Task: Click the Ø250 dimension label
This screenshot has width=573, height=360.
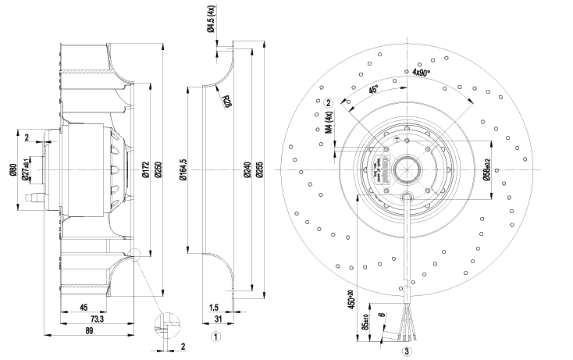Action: (159, 172)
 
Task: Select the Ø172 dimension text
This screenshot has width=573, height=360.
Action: (146, 172)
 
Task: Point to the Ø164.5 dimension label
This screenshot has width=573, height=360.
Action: (184, 169)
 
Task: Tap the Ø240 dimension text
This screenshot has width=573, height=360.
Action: (247, 172)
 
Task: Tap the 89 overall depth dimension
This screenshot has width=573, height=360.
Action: (91, 331)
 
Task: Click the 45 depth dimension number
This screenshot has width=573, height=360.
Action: (82, 308)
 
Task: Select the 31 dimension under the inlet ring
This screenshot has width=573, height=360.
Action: (218, 320)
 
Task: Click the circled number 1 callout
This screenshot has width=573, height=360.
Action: (218, 337)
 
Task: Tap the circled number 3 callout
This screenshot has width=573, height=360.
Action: (406, 351)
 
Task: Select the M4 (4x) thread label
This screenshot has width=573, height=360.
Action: (329, 126)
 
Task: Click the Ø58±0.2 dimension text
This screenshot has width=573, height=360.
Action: (486, 171)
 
